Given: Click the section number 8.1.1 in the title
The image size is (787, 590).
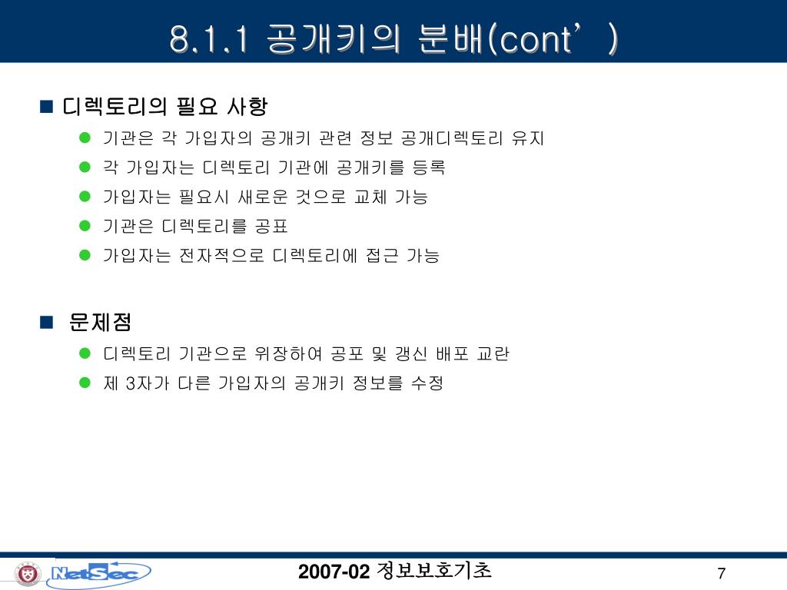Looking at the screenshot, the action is [209, 39].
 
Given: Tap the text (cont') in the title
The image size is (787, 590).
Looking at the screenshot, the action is [553, 39].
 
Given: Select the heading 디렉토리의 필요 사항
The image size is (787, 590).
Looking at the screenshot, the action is [164, 106].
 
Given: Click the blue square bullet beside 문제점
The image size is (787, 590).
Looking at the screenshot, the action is [46, 322].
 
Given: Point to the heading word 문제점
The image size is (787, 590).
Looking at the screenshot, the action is [101, 322].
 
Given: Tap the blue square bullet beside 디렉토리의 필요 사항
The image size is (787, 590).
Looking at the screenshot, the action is [46, 106].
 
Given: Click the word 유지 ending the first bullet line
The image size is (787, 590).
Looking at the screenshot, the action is [527, 138].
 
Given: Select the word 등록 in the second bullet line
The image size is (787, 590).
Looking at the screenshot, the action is [429, 167].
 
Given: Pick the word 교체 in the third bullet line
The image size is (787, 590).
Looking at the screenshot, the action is [370, 197].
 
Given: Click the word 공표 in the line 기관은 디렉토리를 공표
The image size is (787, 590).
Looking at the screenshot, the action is [271, 227].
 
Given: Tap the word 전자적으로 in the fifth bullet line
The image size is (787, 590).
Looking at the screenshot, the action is [221, 256].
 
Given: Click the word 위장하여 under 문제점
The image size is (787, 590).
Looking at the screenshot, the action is [288, 354].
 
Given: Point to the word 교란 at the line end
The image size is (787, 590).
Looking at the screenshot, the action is [493, 354].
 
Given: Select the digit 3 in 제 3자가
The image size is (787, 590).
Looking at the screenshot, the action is [131, 384].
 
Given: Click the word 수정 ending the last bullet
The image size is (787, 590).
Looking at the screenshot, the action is [427, 384].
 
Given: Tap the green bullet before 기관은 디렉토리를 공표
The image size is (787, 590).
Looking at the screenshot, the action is [85, 226].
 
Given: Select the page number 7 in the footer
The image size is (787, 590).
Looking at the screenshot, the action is [721, 573].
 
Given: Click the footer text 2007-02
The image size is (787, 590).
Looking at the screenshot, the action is [334, 572].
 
